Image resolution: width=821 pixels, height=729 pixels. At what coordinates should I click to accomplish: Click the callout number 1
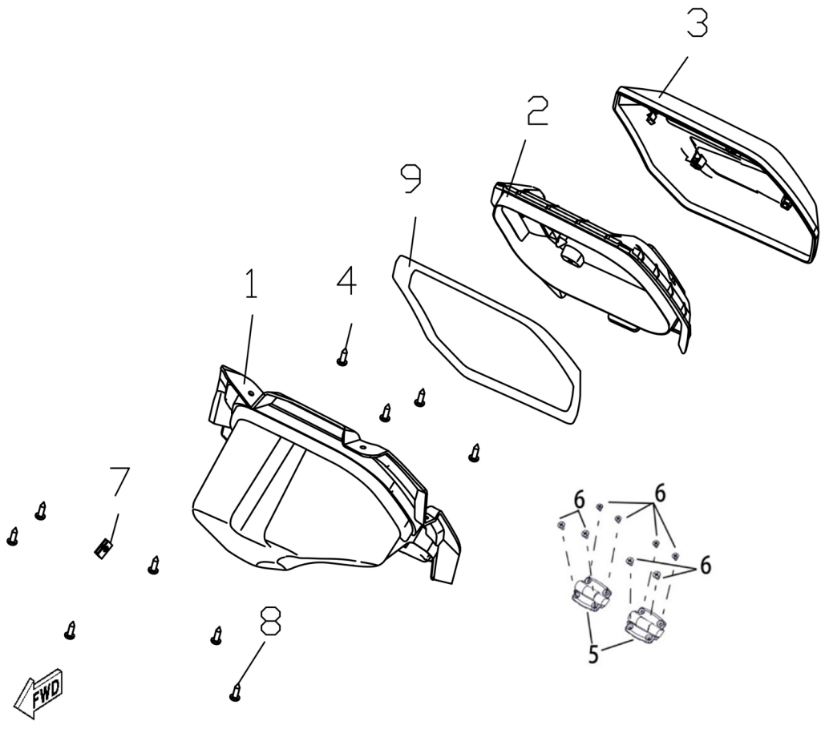click(252, 284)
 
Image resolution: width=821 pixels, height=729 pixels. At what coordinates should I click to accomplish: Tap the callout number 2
click(537, 111)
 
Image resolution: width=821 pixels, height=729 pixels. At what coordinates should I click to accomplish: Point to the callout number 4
click(346, 281)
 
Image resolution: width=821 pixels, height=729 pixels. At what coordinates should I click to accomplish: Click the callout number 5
click(593, 654)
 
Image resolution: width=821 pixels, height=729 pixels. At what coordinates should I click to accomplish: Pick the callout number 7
click(119, 481)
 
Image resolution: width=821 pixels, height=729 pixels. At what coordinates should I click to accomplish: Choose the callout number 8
click(270, 621)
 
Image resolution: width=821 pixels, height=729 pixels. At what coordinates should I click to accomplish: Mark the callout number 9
click(410, 179)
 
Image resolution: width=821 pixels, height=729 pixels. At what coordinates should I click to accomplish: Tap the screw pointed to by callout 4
click(342, 358)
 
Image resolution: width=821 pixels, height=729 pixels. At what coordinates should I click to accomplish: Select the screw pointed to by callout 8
click(235, 692)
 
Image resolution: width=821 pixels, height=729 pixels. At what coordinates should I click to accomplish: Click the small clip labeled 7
click(103, 549)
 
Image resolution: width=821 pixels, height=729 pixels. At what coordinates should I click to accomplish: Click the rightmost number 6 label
click(706, 566)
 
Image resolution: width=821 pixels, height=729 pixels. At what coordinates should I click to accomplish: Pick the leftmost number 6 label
click(579, 501)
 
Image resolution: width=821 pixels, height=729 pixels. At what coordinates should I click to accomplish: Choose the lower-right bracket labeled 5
click(645, 625)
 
